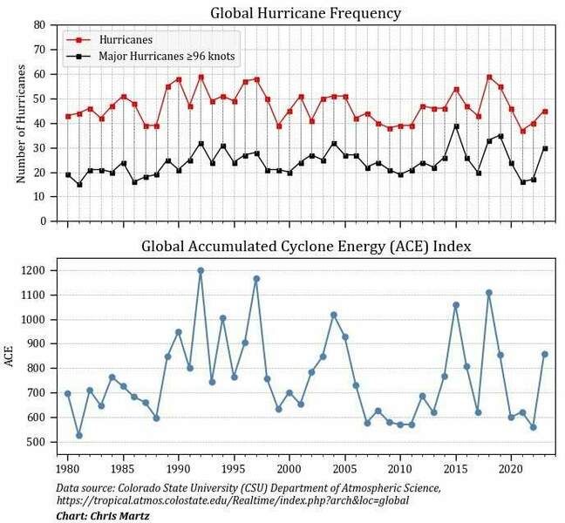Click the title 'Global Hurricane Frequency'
click(x=306, y=13)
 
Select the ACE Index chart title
click(x=306, y=247)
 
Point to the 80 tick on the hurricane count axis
click(x=40, y=25)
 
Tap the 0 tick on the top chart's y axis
click(x=43, y=221)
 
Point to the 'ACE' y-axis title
click(x=10, y=357)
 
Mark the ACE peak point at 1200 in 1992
click(x=201, y=270)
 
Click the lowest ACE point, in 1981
click(x=79, y=435)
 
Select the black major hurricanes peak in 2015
click(x=456, y=126)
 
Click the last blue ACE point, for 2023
click(x=544, y=354)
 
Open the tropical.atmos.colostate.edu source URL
click(x=232, y=500)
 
